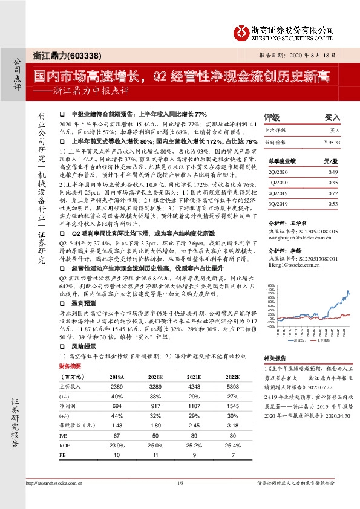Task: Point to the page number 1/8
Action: point(180,499)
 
